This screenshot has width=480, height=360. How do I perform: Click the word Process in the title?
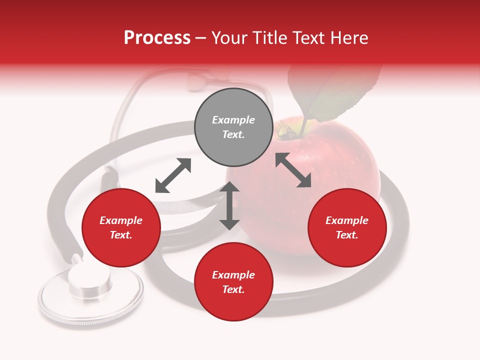[157, 38]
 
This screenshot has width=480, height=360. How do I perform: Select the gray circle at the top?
[233, 127]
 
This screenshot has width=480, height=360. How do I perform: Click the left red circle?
[121, 228]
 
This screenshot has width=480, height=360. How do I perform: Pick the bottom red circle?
[233, 282]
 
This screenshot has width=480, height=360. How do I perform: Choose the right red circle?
[347, 228]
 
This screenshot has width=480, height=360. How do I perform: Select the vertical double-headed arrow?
[229, 205]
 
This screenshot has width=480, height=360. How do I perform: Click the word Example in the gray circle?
[233, 120]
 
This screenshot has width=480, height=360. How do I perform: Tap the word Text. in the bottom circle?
[233, 289]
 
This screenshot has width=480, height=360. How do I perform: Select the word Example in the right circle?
[347, 220]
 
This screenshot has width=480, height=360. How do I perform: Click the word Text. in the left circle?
[121, 235]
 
